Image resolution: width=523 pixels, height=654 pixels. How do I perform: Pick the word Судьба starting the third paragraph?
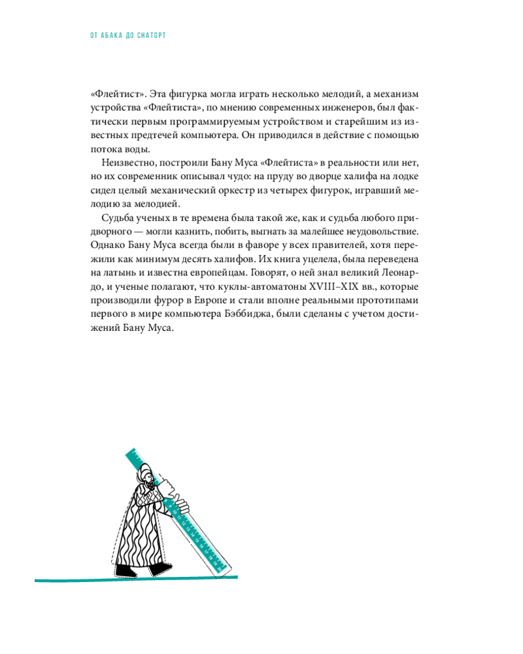click(119, 218)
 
